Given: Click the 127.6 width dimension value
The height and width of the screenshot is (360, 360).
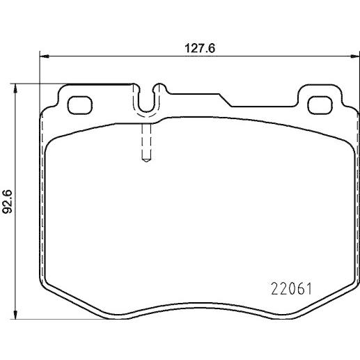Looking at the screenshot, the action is coord(200,49).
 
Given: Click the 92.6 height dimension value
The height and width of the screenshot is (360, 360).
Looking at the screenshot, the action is coord(7,201).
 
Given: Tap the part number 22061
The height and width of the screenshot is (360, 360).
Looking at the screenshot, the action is coord(291,289).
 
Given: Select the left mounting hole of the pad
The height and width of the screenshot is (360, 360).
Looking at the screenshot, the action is coord(80,105).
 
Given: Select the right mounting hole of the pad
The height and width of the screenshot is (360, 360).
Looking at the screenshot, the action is coord(320,105).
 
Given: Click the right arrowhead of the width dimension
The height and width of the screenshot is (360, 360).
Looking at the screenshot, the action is coord(354,56).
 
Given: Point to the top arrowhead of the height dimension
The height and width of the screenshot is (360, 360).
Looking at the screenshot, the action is coord(15,88).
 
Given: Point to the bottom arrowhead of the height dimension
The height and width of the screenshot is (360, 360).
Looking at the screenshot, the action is coord(15,315).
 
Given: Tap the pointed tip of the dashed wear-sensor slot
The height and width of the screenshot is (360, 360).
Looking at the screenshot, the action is coord(146,162).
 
